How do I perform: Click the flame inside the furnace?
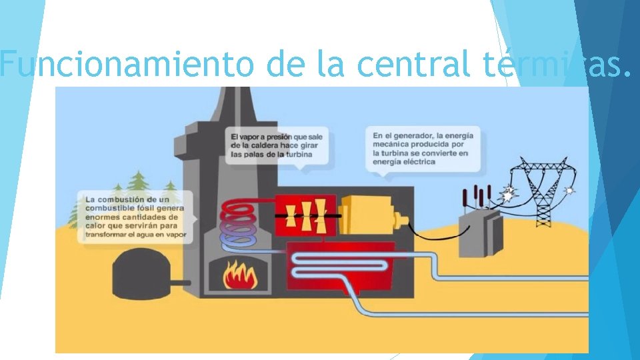[x=240, y=275]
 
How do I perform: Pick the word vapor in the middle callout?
[x=256, y=137]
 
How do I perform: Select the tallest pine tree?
[x=139, y=187]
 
